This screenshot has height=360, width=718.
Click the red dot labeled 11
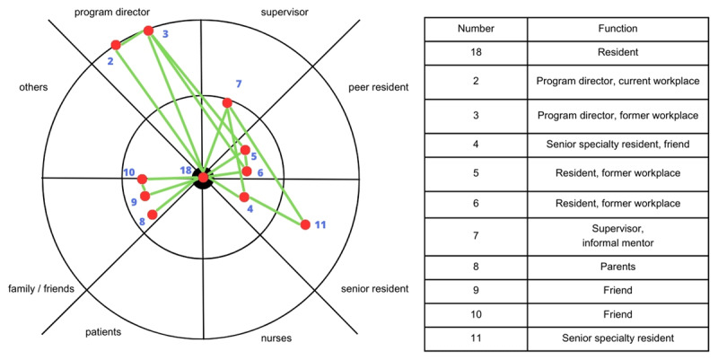tap(305, 224)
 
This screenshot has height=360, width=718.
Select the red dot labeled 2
tap(115, 45)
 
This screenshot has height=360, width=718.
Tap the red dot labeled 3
tap(149, 31)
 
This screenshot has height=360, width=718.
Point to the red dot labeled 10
tap(142, 179)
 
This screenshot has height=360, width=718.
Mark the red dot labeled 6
tap(247, 171)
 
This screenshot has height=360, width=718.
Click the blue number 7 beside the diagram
tap(239, 83)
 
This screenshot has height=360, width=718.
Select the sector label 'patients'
tap(103, 331)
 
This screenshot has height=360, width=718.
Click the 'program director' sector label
tap(112, 13)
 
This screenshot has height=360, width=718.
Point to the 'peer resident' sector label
tap(378, 87)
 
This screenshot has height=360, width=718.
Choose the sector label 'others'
tap(32, 87)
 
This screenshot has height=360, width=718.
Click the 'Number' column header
tap(475, 29)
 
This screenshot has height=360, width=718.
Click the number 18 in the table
tap(475, 54)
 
